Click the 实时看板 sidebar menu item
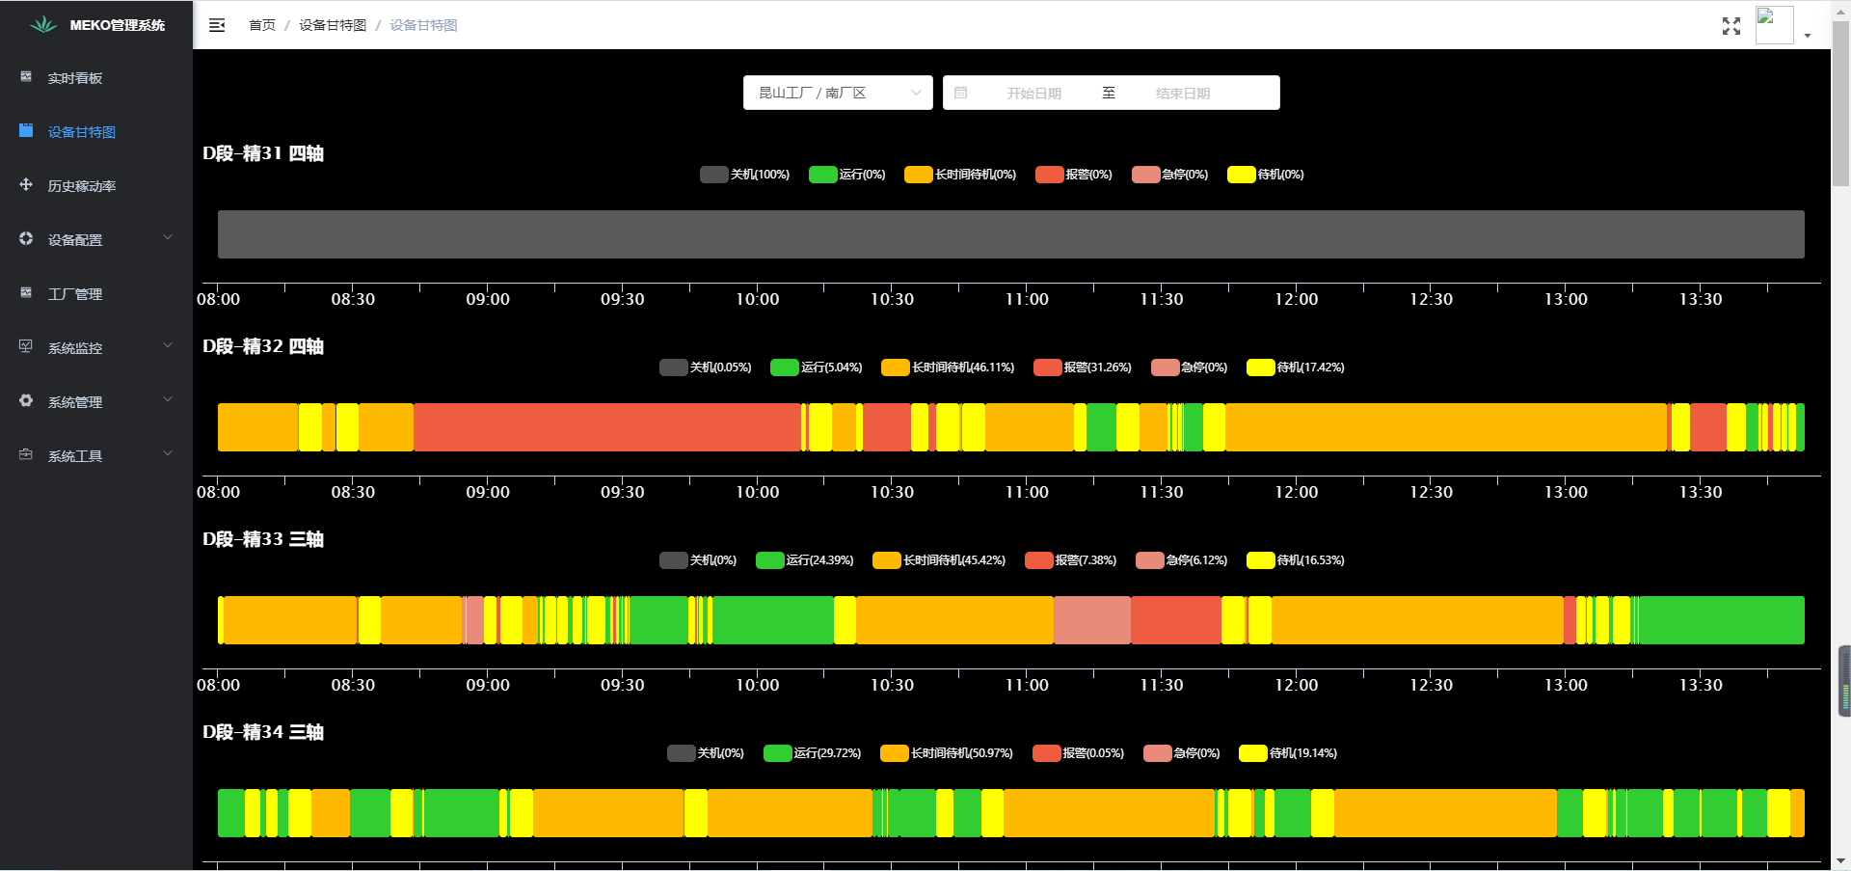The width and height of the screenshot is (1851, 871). (74, 78)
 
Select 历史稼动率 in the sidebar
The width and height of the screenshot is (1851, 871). (81, 186)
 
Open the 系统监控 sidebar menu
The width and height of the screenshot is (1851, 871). (75, 348)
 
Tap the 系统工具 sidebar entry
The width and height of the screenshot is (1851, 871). (75, 456)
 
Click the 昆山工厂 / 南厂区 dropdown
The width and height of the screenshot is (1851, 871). (837, 93)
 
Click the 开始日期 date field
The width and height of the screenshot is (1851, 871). (1033, 94)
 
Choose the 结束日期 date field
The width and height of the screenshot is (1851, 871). (1182, 94)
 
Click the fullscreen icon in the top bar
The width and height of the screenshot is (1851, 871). (1730, 26)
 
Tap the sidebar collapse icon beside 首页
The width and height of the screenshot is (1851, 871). (217, 25)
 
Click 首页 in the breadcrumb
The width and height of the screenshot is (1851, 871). (261, 25)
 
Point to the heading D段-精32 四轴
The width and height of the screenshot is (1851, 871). (263, 346)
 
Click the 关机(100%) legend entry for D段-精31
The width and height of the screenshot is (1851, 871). (745, 175)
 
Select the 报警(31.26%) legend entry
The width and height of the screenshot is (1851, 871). (1083, 367)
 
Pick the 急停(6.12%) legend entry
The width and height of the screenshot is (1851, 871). (1182, 560)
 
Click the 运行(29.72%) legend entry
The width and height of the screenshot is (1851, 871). (813, 753)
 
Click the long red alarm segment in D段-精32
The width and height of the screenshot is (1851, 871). (607, 427)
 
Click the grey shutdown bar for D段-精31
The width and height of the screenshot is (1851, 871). (1010, 234)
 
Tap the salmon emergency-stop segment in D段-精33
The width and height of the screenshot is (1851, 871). (1091, 620)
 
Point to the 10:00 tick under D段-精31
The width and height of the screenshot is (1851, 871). (757, 299)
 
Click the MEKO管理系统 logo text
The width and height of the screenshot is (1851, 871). (117, 25)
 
